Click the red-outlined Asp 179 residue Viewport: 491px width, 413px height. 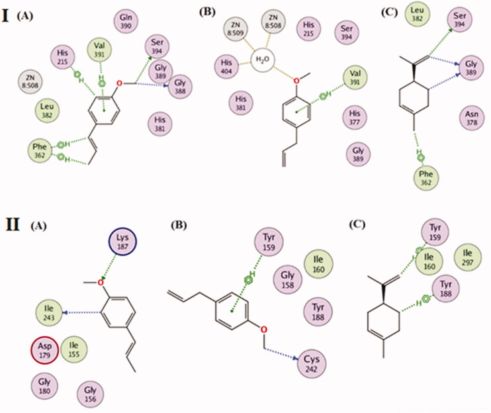[45, 352]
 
